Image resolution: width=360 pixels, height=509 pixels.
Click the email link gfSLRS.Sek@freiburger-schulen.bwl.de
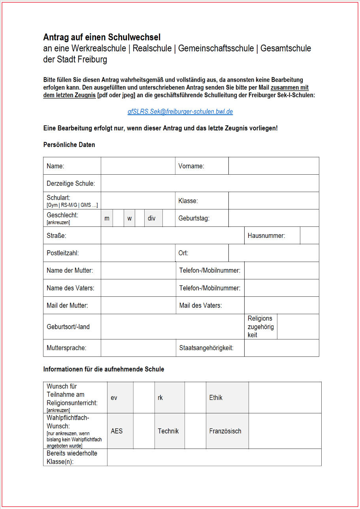180,112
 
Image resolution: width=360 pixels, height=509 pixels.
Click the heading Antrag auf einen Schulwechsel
102,38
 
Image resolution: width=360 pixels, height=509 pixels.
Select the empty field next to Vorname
273,166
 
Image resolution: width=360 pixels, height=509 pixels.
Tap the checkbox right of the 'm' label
118,218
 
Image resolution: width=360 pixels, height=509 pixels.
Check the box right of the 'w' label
139,218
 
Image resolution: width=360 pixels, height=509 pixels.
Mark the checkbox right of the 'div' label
169,218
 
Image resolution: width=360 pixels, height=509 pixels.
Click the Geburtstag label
194,218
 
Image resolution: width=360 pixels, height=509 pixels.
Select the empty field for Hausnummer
309,236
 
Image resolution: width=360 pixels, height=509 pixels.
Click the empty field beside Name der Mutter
138,271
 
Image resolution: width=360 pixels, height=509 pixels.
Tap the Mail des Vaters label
200,305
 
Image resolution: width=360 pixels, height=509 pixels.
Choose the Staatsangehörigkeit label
206,348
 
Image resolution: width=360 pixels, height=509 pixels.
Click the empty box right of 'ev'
144,398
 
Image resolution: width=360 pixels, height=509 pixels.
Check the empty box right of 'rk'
195,398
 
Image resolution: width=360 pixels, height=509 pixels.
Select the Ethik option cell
227,398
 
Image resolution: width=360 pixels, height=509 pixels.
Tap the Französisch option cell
227,431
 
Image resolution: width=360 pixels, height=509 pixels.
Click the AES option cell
120,431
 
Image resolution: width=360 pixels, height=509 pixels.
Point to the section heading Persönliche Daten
69,145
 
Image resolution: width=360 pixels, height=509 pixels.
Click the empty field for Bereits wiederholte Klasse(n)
214,457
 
